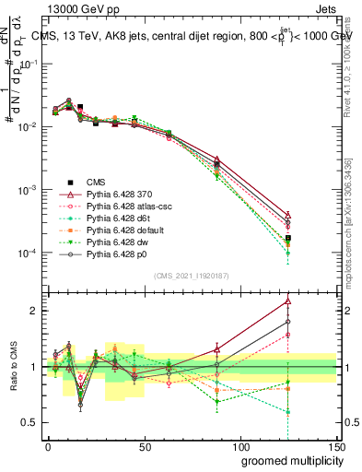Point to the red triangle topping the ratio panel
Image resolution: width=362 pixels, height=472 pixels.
click(288, 301)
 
